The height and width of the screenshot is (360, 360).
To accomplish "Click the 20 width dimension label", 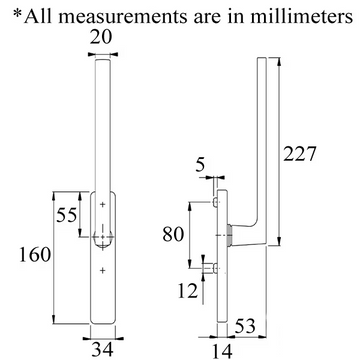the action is pos(100,38).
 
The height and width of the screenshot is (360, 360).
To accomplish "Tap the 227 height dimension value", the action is pos(299,154).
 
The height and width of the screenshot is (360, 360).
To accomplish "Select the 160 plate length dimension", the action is pos(35,255).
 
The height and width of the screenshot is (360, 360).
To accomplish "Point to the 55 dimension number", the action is pos(67,215).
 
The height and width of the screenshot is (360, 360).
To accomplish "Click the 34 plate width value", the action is pos(102,350).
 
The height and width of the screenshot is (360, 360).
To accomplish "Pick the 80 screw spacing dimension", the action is pos(173,234).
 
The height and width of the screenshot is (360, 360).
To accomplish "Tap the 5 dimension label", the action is pos(200,165).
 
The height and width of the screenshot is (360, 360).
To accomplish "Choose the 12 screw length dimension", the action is pos(187,291).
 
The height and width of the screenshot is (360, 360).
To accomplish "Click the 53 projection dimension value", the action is pos(245,326).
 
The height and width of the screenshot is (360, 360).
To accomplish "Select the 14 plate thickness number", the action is pos(221,351).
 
